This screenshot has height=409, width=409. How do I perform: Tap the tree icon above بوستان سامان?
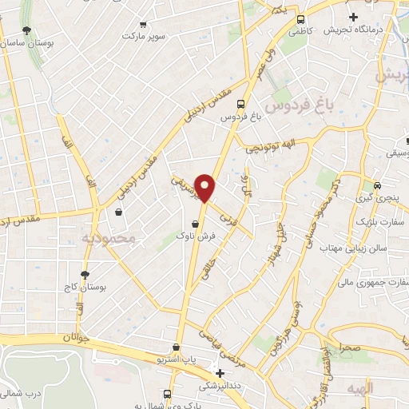click(27, 30)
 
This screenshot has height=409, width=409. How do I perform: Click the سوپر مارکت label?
click(145, 36)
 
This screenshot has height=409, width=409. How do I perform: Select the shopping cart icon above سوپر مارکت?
click(144, 24)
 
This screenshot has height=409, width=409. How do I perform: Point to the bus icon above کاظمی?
click(300, 20)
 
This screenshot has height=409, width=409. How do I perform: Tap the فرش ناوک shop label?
click(197, 236)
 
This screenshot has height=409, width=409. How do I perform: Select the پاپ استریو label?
click(177, 360)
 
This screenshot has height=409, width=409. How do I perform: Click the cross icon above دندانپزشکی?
click(220, 373)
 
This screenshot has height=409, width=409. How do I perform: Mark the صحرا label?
click(349, 348)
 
